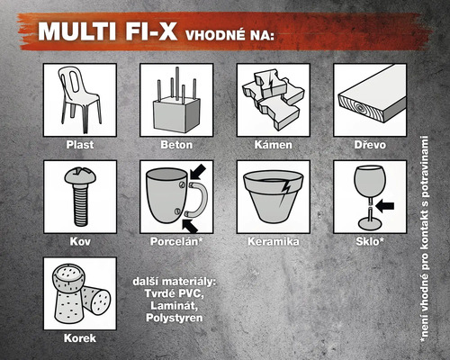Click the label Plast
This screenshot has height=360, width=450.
pyautogui.click(x=79, y=144)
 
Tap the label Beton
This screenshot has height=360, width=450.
pyautogui.click(x=175, y=144)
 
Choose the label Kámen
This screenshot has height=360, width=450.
pyautogui.click(x=272, y=144)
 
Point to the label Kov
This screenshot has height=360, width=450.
pyautogui.click(x=79, y=241)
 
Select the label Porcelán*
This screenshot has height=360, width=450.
pyautogui.click(x=175, y=241)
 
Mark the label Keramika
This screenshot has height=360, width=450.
pyautogui.click(x=272, y=241)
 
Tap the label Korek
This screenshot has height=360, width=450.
pyautogui.click(x=79, y=338)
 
